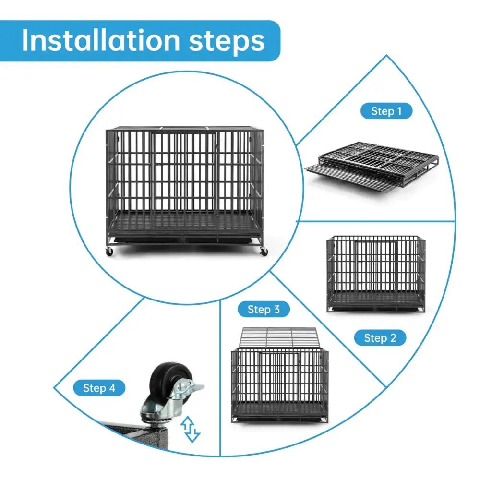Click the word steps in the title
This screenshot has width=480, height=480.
(227, 42)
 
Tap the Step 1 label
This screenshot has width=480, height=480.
(386, 111)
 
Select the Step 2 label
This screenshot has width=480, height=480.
(380, 338)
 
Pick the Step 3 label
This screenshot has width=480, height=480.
(264, 310)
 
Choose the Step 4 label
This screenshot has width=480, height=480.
(99, 388)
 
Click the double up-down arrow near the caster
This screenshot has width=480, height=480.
(190, 429)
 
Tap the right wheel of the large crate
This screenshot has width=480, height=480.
(263, 252)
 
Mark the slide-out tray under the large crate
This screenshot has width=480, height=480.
(185, 239)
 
